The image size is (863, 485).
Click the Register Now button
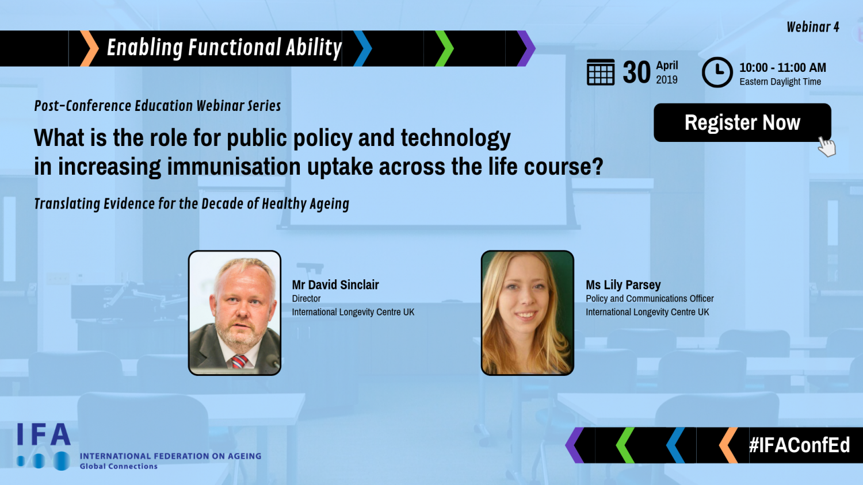pyautogui.click(x=742, y=122)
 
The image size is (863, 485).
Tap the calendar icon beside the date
pyautogui.click(x=601, y=72)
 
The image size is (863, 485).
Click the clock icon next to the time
pyautogui.click(x=717, y=72)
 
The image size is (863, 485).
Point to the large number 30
pyautogui.click(x=636, y=72)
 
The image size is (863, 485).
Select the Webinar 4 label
pyautogui.click(x=812, y=27)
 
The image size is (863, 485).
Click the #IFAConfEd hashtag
pyautogui.click(x=800, y=445)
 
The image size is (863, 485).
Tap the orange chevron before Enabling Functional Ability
pyautogui.click(x=89, y=48)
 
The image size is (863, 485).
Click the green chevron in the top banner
pyautogui.click(x=444, y=48)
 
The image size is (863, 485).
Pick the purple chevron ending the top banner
pyautogui.click(x=526, y=48)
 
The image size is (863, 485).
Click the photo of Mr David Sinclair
pyautogui.click(x=235, y=313)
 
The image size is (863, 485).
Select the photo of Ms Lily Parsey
pyautogui.click(x=528, y=313)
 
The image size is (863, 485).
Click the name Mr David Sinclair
pyautogui.click(x=335, y=285)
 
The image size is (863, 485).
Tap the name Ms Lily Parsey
pyautogui.click(x=623, y=285)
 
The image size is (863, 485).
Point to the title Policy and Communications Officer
pyautogui.click(x=650, y=298)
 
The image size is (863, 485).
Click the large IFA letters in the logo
pyautogui.click(x=44, y=434)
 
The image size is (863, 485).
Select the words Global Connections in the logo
pyautogui.click(x=119, y=466)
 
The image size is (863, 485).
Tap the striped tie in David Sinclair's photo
pyautogui.click(x=239, y=362)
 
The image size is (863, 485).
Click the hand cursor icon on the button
pyautogui.click(x=827, y=147)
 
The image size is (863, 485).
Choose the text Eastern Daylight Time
pyautogui.click(x=780, y=82)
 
